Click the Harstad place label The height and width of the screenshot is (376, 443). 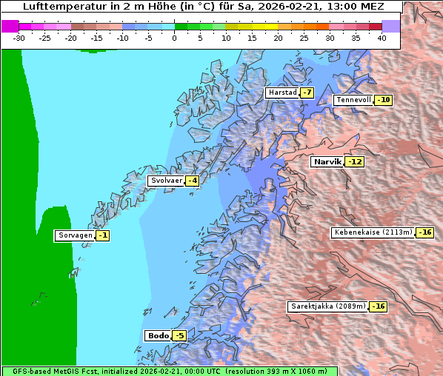click(x=282, y=93)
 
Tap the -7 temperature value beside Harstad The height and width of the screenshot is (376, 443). click(x=307, y=93)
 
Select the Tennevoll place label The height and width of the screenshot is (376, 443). click(x=353, y=100)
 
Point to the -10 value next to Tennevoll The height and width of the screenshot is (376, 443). click(x=383, y=100)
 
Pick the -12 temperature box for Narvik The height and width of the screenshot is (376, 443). click(x=356, y=161)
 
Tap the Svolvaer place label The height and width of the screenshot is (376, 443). click(x=166, y=181)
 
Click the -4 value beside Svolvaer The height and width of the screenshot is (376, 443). click(x=192, y=181)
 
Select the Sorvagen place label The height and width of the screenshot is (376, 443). click(x=75, y=235)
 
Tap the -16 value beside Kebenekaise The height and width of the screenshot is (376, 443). click(x=424, y=232)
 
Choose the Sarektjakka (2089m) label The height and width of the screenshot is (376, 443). click(x=327, y=306)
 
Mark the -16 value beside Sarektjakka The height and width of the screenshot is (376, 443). click(x=378, y=306)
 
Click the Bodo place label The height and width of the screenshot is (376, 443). click(x=158, y=335)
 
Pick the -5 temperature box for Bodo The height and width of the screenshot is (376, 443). click(x=179, y=335)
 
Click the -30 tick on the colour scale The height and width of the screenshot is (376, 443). click(x=19, y=37)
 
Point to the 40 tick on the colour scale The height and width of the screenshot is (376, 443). click(x=382, y=37)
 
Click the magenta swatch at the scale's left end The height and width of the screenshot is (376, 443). click(x=10, y=26)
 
